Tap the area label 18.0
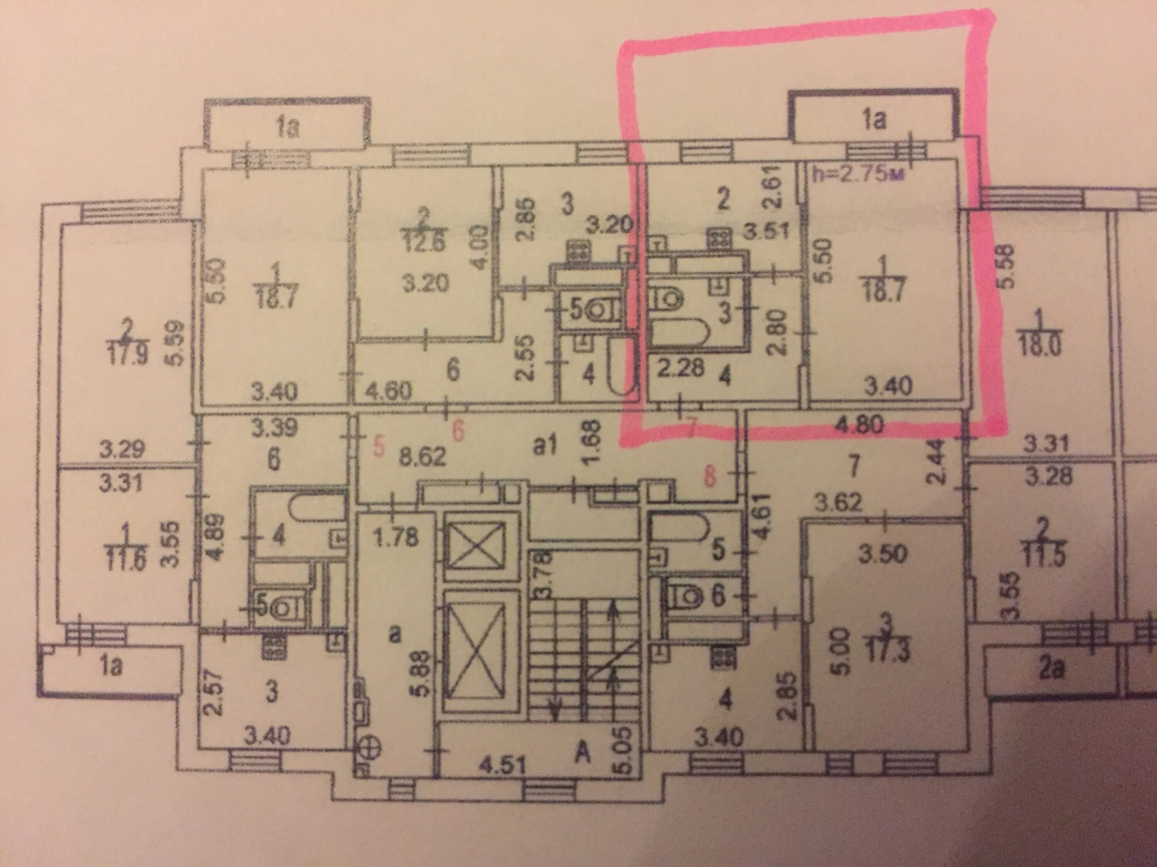1032,348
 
